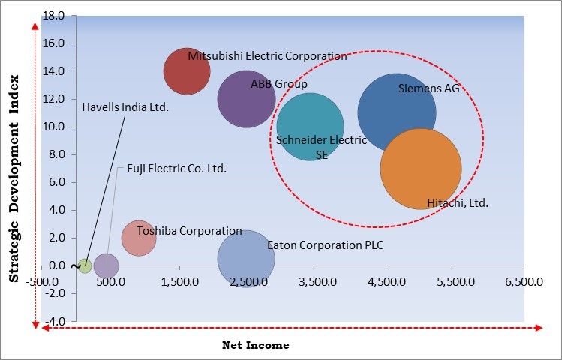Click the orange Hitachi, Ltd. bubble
coord(421,169)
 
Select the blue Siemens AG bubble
coord(396,112)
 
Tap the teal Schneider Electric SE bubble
coord(310,126)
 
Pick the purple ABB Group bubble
coord(246,99)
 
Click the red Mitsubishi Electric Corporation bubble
coord(187,71)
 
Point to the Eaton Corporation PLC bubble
coord(246,259)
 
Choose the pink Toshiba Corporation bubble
coord(139,238)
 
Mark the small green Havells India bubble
coord(85,265)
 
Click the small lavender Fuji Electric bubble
coord(106,265)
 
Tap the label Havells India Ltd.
coord(125,107)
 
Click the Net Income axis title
coord(255,346)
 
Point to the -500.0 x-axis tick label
coord(42,282)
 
